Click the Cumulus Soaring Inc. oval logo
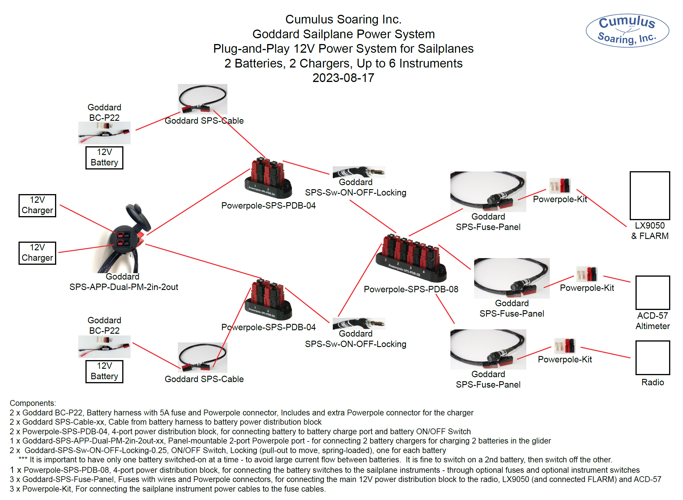click(627, 30)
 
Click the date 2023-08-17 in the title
click(343, 78)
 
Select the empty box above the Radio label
click(652, 357)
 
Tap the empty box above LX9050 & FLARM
click(649, 196)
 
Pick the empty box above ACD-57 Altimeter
click(652, 292)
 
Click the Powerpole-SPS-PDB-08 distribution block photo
click(411, 259)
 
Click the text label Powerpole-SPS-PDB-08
click(411, 289)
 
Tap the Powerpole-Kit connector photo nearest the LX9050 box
click(560, 185)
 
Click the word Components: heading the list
click(33, 403)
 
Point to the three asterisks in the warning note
click(23, 459)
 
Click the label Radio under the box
click(652, 382)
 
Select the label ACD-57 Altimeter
click(652, 320)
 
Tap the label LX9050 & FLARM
click(649, 230)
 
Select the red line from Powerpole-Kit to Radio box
click(605, 352)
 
